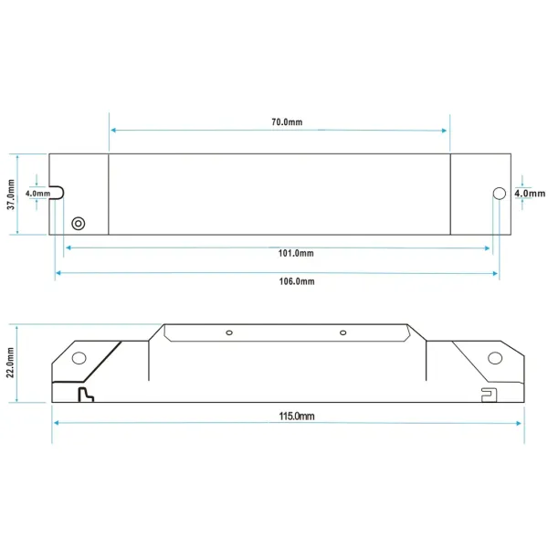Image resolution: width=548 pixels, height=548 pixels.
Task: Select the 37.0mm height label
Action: tap(11, 194)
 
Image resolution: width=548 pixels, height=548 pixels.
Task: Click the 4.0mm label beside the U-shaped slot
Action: tap(38, 194)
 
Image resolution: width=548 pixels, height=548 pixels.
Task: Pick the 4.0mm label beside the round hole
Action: tap(530, 194)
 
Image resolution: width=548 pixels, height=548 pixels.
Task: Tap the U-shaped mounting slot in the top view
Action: tap(57, 193)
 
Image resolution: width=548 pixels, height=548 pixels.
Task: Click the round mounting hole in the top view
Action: tap(499, 193)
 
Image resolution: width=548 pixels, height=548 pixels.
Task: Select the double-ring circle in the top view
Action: tap(79, 223)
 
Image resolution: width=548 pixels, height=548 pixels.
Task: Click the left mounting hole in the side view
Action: tap(79, 358)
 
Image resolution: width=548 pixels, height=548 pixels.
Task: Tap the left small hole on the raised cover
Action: tap(230, 332)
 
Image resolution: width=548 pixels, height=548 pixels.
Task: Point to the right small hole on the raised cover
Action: tap(344, 332)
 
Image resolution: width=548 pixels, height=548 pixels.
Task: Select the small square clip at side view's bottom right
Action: tap(488, 394)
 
